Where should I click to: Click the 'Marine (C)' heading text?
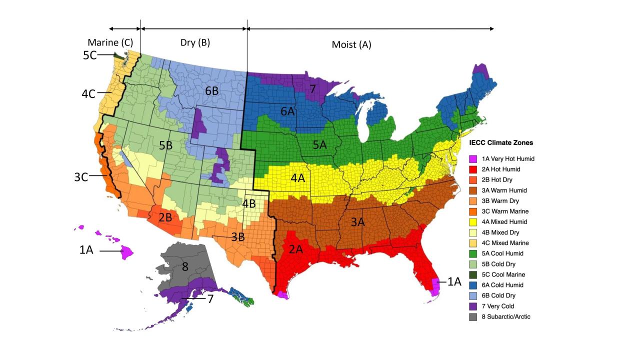110,42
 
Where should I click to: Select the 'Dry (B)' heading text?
195,42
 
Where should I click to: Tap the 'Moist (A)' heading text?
351,44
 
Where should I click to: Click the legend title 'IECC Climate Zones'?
501,143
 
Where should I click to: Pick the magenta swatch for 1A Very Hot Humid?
473,159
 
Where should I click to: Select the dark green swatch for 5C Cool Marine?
473,274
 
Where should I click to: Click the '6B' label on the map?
211,91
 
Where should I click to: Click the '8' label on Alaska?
184,266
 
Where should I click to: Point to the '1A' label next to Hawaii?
86,250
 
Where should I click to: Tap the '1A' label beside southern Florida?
454,281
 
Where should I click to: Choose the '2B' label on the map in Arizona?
165,218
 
